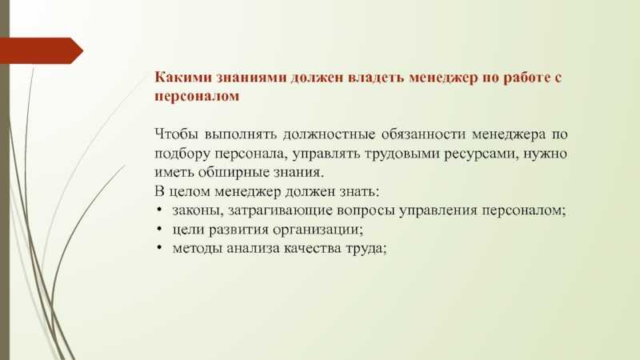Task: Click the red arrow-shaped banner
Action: pyautogui.click(x=42, y=50)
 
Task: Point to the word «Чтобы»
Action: pyautogui.click(x=176, y=134)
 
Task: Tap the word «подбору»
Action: pyautogui.click(x=182, y=154)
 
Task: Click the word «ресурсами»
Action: pyautogui.click(x=481, y=154)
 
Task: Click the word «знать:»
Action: pyautogui.click(x=359, y=191)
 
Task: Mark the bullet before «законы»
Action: pyautogui.click(x=159, y=210)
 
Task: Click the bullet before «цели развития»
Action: pyautogui.click(x=159, y=229)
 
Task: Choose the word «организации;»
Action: pyautogui.click(x=318, y=230)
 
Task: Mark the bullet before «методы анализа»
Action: pyautogui.click(x=159, y=247)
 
